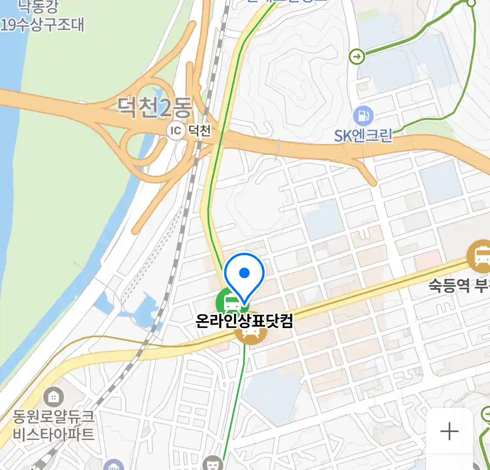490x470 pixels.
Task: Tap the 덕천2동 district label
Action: click(x=154, y=107)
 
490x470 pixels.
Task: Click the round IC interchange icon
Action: click(x=176, y=131)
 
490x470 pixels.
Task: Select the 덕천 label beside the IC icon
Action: click(x=200, y=130)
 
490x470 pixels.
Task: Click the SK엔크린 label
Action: click(x=363, y=136)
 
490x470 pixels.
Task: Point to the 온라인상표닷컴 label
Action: click(x=244, y=321)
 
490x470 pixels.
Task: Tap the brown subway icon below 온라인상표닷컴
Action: click(x=250, y=334)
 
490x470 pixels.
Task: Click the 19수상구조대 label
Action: click(x=42, y=24)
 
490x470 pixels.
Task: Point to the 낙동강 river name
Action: click(x=38, y=7)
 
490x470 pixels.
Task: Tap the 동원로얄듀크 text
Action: click(x=53, y=417)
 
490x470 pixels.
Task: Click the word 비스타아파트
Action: click(x=53, y=434)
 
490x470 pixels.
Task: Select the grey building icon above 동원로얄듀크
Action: click(x=54, y=397)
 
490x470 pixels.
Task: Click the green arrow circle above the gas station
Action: click(x=357, y=57)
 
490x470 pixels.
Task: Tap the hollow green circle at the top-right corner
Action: click(x=471, y=3)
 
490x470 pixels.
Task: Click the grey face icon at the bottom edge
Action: click(x=213, y=463)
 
